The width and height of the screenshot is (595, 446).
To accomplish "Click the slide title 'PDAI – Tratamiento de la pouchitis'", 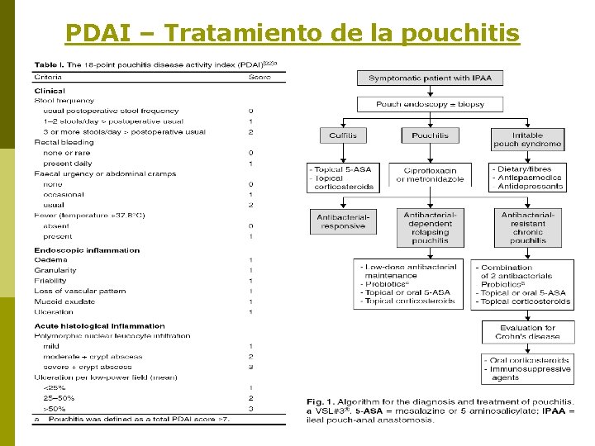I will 293,33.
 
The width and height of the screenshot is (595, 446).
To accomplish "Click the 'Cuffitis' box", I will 341,135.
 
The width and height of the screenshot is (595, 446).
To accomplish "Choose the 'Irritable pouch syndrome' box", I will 527,140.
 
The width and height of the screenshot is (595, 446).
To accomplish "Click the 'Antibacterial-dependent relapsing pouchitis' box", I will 430,227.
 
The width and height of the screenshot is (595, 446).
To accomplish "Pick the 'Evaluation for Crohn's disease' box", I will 527,332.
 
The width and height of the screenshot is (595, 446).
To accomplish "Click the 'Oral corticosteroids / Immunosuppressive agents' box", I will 527,369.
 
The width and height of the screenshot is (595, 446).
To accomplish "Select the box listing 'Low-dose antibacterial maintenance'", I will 410,284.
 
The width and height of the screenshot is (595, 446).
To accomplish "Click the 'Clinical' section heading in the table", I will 50,90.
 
